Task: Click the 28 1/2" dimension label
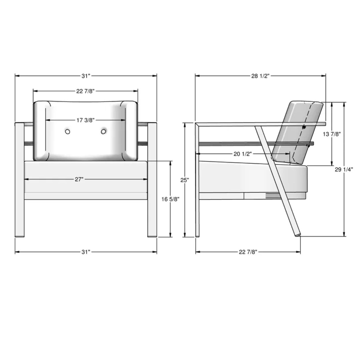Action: coord(260,76)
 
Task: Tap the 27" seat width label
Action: coord(79,179)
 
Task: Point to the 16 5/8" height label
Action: coord(170,199)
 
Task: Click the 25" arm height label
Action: coord(185,180)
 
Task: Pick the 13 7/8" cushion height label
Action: coord(332,134)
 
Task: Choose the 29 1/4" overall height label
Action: coord(344,170)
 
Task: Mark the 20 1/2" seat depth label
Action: coord(243,154)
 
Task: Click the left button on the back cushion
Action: coord(68,132)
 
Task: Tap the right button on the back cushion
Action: coord(103,132)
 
